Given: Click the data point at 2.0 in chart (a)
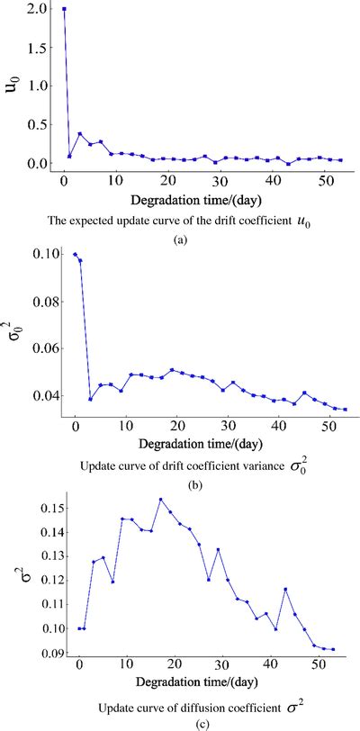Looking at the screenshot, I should click(x=64, y=9).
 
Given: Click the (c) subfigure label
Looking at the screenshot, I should click(x=180, y=718).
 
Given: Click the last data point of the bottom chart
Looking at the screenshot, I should click(x=332, y=649).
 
